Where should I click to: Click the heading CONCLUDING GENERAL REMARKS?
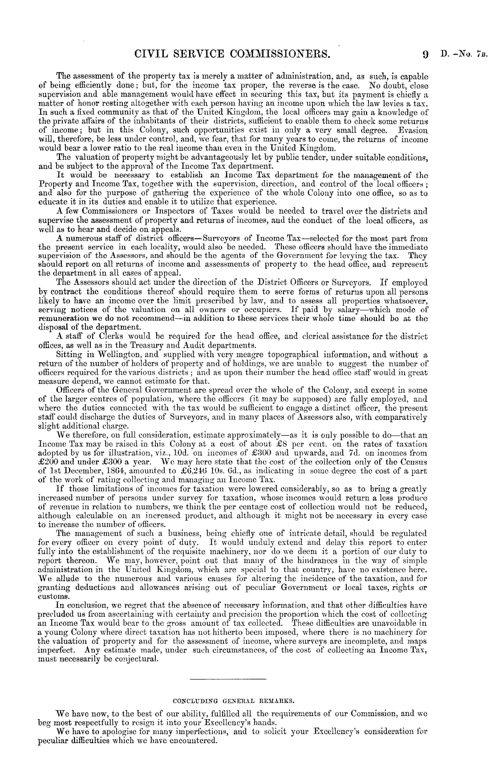tap(233, 714)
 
